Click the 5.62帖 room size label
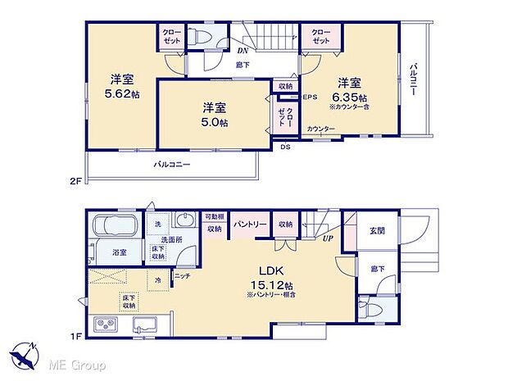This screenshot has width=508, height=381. [x=123, y=94]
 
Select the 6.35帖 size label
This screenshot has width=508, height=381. [x=349, y=94]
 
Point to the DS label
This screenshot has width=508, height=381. [x=285, y=147]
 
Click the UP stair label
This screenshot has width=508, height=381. [x=327, y=238]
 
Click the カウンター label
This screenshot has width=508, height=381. [x=320, y=129]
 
